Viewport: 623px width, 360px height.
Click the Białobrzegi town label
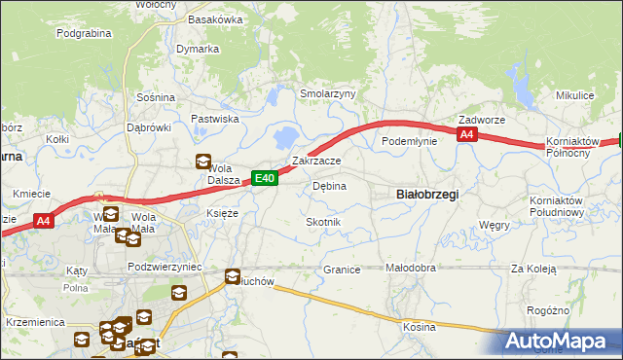click(428, 194)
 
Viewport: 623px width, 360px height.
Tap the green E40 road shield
click(266, 178)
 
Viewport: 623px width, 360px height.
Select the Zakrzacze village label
click(316, 161)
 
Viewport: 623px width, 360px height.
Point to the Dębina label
click(329, 185)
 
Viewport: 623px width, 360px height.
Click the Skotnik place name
click(323, 223)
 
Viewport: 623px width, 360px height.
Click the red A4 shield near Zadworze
click(467, 135)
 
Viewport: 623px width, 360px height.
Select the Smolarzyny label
click(328, 93)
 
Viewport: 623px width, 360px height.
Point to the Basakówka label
click(215, 18)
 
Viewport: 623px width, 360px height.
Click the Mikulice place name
click(574, 95)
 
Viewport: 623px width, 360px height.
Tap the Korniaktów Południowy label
click(556, 205)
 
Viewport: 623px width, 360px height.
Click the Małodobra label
click(411, 268)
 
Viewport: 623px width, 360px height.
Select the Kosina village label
click(420, 327)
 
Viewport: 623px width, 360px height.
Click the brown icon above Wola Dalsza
click(202, 162)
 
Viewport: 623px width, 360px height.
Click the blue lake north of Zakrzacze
click(288, 136)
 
